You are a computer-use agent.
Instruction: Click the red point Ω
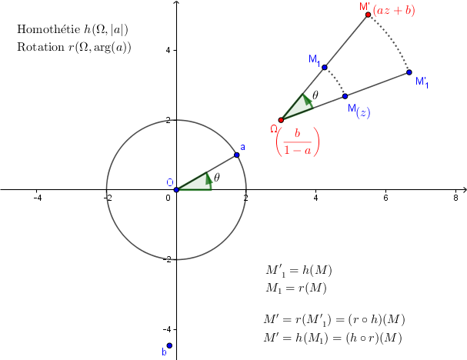(x=281, y=120)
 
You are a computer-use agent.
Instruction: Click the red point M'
(x=368, y=15)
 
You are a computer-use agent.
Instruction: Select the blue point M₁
(x=325, y=68)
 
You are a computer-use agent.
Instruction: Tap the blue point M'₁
(x=409, y=72)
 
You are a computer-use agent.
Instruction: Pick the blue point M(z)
(x=345, y=96)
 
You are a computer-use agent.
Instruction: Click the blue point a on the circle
(x=237, y=155)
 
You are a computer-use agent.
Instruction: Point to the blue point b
(x=169, y=345)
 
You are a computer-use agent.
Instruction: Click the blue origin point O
(x=176, y=190)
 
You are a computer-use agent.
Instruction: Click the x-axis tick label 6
(x=385, y=198)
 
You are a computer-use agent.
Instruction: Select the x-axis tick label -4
(x=38, y=198)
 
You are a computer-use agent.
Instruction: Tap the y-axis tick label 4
(x=168, y=50)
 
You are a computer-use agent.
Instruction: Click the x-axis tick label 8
(x=455, y=198)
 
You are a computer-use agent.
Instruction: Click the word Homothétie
(x=48, y=29)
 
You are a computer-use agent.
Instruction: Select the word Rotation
(x=41, y=47)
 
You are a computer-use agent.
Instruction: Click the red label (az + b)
(x=394, y=11)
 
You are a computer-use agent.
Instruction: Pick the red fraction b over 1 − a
(x=298, y=142)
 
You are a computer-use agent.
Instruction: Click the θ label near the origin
(x=217, y=178)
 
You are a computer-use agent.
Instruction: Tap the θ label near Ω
(x=315, y=95)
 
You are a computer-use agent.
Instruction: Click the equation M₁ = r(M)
(x=296, y=288)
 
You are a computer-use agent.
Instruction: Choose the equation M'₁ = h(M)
(x=299, y=271)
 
